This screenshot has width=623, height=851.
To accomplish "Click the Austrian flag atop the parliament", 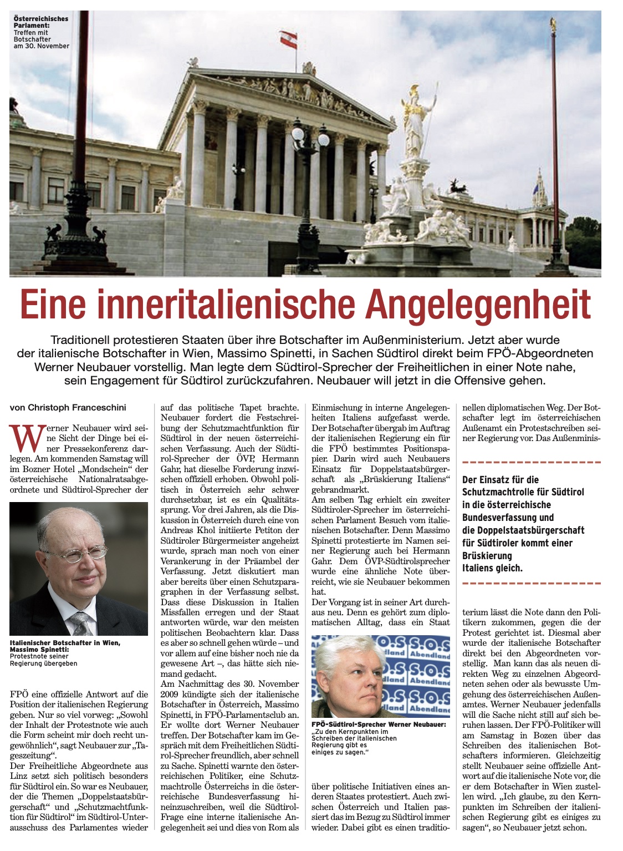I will click(x=288, y=38).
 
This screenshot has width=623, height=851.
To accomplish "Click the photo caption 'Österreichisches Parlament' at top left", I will click(x=40, y=22).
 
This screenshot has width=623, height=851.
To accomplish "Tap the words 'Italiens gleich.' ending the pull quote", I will click(x=492, y=568).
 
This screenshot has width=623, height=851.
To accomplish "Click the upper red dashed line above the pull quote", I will click(x=531, y=462).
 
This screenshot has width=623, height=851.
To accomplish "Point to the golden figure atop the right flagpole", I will click(x=553, y=24).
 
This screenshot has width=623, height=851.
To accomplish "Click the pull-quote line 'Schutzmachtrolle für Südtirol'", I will click(x=523, y=492).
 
